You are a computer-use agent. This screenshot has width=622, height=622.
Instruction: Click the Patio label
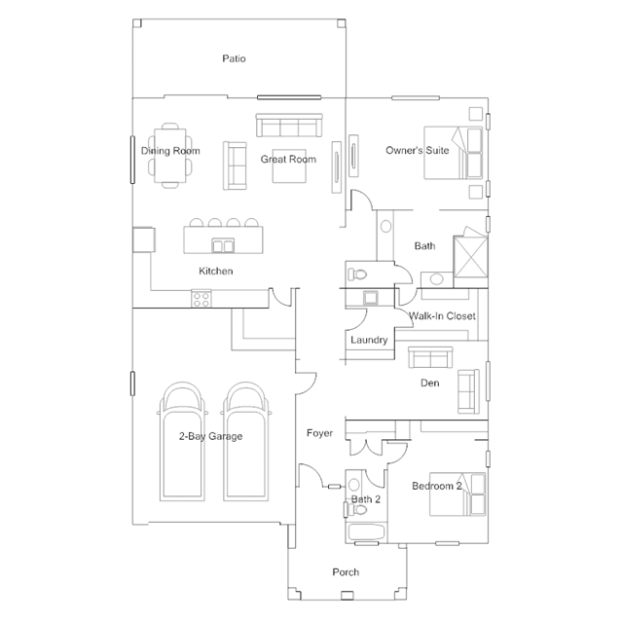point(234,58)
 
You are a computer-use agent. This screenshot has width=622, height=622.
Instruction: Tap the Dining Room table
point(170,156)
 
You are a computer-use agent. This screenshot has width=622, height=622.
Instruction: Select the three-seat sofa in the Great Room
point(289,126)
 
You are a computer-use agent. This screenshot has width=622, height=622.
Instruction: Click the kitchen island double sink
point(223,245)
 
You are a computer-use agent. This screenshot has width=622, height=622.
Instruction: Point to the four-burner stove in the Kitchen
point(201,299)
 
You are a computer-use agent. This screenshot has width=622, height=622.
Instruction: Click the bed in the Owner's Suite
point(454,153)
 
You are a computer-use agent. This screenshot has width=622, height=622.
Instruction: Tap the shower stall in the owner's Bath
point(470,257)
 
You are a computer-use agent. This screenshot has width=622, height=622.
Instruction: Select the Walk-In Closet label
point(442,316)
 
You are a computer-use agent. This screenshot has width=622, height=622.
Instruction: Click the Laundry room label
point(369,340)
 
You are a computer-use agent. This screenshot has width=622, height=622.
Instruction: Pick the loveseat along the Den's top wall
point(430,357)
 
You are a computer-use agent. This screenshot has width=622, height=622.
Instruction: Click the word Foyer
point(319,433)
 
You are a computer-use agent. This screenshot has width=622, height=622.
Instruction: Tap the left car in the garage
point(182,442)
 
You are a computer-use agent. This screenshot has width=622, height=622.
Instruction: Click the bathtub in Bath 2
point(366,532)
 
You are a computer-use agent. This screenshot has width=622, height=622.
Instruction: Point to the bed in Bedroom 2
point(457,494)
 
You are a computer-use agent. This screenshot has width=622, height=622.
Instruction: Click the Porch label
point(346,572)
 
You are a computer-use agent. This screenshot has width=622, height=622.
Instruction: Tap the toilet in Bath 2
point(356,509)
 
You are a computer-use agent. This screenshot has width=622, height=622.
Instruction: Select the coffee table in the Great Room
point(289,166)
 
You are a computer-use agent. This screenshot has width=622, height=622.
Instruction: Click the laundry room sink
point(371,298)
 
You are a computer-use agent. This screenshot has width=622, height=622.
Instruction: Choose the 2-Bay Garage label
point(210,436)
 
